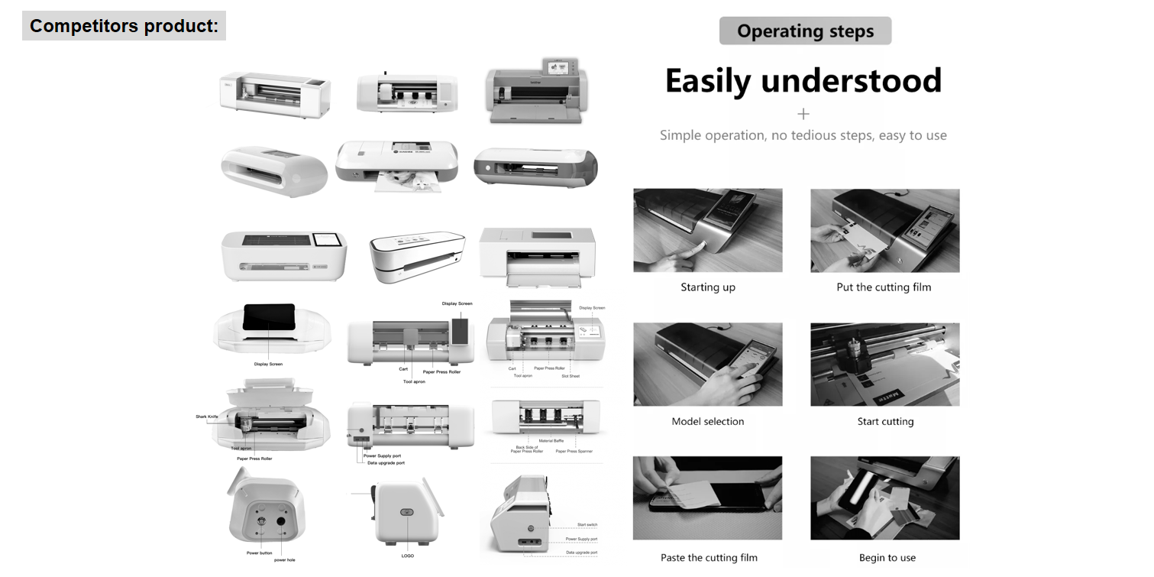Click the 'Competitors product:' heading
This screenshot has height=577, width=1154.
[124, 26]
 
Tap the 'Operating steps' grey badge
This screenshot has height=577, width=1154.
[805, 31]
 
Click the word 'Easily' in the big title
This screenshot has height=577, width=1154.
[707, 81]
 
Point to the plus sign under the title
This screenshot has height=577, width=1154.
[803, 114]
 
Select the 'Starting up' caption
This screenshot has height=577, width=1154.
[708, 287]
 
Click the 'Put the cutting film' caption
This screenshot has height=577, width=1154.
[884, 287]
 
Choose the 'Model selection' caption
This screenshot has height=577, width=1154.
[708, 421]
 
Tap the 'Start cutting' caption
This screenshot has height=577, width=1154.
[885, 421]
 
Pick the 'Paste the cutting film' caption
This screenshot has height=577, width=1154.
[710, 557]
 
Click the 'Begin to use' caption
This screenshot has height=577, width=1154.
[887, 557]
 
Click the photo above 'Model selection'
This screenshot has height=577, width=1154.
[708, 364]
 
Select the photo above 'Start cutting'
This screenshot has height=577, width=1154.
[885, 364]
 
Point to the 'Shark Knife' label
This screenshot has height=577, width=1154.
[207, 417]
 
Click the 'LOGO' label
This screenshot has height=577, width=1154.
[408, 556]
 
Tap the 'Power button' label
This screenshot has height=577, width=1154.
[259, 553]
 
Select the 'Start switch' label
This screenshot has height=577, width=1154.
[587, 525]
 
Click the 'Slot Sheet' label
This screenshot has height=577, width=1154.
[571, 375]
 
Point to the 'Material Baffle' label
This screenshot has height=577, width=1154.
[551, 441]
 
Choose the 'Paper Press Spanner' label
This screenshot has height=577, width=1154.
[574, 451]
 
